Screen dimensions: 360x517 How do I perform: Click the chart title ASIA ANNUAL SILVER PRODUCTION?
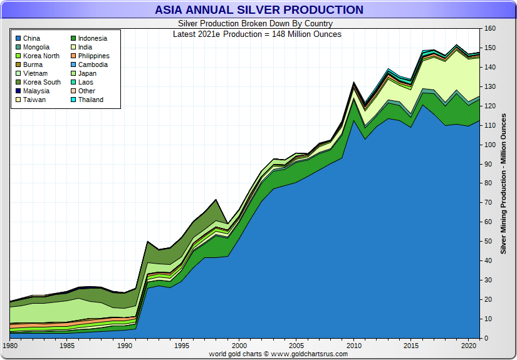click(x=259, y=10)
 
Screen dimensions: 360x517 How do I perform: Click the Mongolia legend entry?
click(x=36, y=47)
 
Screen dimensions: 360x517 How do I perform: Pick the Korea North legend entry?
click(x=41, y=56)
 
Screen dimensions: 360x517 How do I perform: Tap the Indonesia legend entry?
click(x=92, y=38)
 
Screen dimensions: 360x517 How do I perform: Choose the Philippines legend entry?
click(x=93, y=56)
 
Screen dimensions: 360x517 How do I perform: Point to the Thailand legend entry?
click(x=90, y=100)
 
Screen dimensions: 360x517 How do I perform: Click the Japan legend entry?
click(x=87, y=73)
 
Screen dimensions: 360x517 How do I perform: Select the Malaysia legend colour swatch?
click(x=18, y=91)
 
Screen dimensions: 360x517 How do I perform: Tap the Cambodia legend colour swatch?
click(x=73, y=64)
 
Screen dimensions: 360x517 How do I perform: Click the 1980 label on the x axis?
click(x=11, y=345)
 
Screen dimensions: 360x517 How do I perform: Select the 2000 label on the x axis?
click(x=239, y=345)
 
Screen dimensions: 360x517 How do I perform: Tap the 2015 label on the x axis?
click(x=410, y=345)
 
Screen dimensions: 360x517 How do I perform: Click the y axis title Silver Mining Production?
click(x=503, y=183)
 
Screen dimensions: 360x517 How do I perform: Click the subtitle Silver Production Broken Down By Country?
click(x=258, y=24)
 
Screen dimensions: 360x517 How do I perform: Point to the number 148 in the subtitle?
click(x=279, y=34)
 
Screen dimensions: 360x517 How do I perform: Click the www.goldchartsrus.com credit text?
click(x=309, y=354)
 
